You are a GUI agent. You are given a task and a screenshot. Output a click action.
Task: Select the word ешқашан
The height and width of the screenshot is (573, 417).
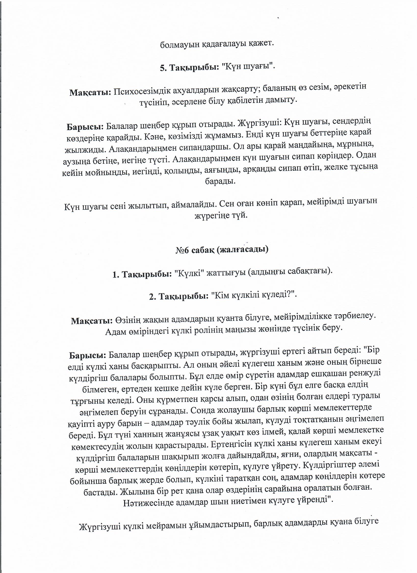pyautogui.click(x=331, y=374)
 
